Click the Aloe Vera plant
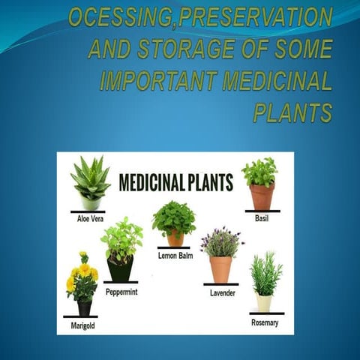pyautogui.click(x=90, y=183)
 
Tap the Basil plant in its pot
pyautogui.click(x=260, y=184)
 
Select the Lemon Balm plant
pyautogui.click(x=174, y=223)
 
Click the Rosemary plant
pyautogui.click(x=265, y=282)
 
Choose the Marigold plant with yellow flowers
pyautogui.click(x=82, y=283)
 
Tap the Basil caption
pyautogui.click(x=261, y=219)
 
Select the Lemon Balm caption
pyautogui.click(x=177, y=256)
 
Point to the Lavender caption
pyautogui.click(x=223, y=292)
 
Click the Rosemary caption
pyautogui.click(x=265, y=322)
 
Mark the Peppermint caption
pyautogui.click(x=121, y=291)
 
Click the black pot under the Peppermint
pyautogui.click(x=120, y=268)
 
